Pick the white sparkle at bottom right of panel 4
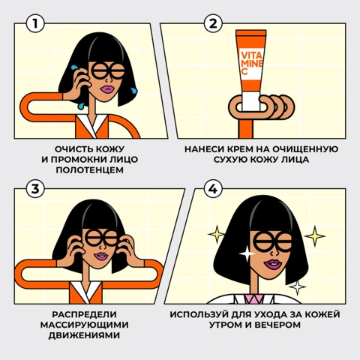click(297, 286)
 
